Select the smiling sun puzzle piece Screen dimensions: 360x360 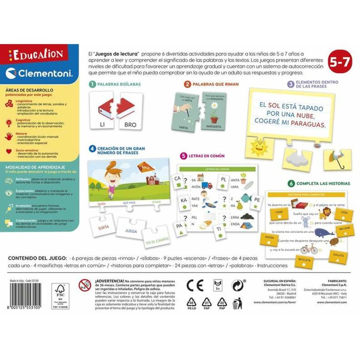coord(260,147)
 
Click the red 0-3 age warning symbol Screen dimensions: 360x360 coord(85,285)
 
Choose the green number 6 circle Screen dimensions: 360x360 coord(291,184)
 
